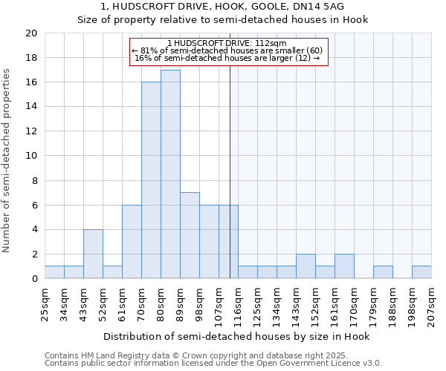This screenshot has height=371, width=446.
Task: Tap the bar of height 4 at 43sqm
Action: coord(93,254)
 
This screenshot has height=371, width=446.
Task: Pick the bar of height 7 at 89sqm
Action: coord(190,235)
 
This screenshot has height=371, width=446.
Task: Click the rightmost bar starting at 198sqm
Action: coord(421,272)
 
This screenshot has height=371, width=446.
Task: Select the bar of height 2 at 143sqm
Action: coord(306,266)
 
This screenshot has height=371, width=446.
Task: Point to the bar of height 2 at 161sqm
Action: coord(344,266)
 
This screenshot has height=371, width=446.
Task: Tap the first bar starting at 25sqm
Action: coord(54,272)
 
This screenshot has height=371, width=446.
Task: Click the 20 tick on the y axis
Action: coord(30,33)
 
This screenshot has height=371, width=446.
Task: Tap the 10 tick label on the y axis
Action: coord(30,156)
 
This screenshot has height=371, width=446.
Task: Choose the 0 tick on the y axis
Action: coord(33,279)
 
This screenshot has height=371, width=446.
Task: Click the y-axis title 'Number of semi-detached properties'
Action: coord(7,160)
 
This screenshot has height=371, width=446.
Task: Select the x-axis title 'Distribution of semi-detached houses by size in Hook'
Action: coord(237,336)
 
